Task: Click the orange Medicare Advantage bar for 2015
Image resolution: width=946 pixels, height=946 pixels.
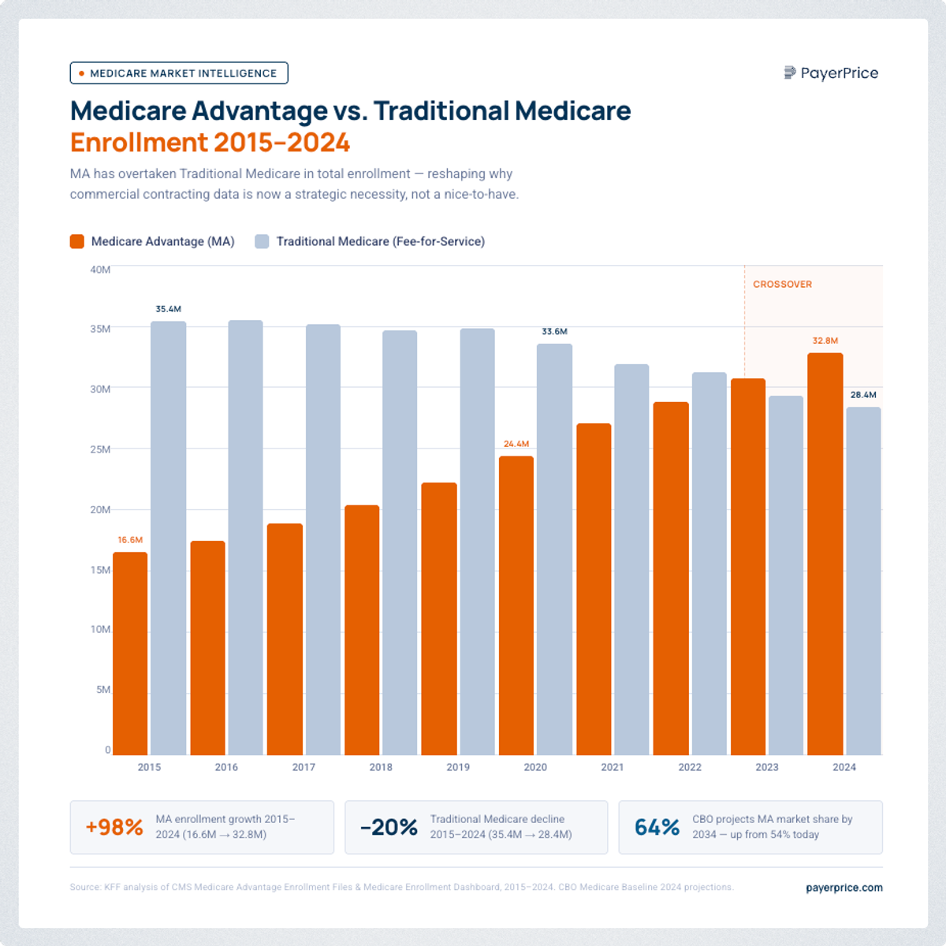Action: click(130, 654)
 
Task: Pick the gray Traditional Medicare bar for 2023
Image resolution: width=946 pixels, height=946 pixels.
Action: click(786, 575)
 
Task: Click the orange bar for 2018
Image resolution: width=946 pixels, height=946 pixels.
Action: click(362, 630)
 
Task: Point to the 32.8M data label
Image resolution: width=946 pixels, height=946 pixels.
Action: click(825, 341)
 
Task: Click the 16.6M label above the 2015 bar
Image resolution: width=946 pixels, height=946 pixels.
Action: click(130, 540)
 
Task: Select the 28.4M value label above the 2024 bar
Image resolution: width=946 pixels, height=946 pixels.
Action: click(863, 395)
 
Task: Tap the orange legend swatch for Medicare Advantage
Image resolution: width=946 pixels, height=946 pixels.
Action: click(76, 241)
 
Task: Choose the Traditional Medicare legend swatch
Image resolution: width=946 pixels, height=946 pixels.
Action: click(262, 241)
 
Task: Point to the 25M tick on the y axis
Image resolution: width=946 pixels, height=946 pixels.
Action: click(100, 449)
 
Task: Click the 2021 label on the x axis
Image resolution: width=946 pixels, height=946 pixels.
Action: click(612, 767)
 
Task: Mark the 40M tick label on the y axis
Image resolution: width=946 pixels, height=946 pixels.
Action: click(100, 270)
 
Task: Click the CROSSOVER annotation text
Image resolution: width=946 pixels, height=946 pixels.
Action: click(782, 285)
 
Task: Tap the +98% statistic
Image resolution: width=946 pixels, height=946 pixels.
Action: click(114, 827)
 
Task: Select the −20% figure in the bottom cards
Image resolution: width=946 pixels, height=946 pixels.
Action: click(389, 827)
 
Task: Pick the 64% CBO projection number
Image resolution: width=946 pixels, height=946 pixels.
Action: click(657, 827)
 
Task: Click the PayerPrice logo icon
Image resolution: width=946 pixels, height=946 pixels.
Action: click(790, 73)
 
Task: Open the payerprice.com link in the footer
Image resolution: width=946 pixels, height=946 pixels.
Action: click(844, 888)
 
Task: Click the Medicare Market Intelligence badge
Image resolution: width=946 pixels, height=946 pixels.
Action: click(179, 73)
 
